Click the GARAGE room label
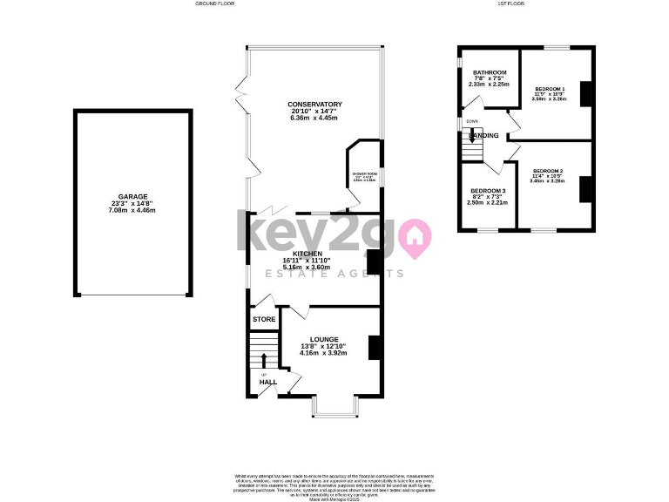(x=133, y=197)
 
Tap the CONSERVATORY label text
(x=315, y=105)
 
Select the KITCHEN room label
(x=314, y=252)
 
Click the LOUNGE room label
(x=323, y=339)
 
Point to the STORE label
(x=263, y=320)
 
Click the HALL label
(x=267, y=381)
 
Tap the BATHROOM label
(x=490, y=72)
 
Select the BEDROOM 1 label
(x=549, y=90)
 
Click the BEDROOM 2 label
(x=548, y=171)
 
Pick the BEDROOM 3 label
(x=488, y=191)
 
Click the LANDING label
(x=484, y=136)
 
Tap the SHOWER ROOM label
(x=364, y=175)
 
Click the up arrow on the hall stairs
(x=265, y=359)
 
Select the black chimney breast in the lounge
(x=375, y=348)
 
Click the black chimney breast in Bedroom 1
(x=585, y=92)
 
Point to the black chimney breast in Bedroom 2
(x=585, y=189)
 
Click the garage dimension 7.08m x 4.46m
(x=133, y=211)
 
